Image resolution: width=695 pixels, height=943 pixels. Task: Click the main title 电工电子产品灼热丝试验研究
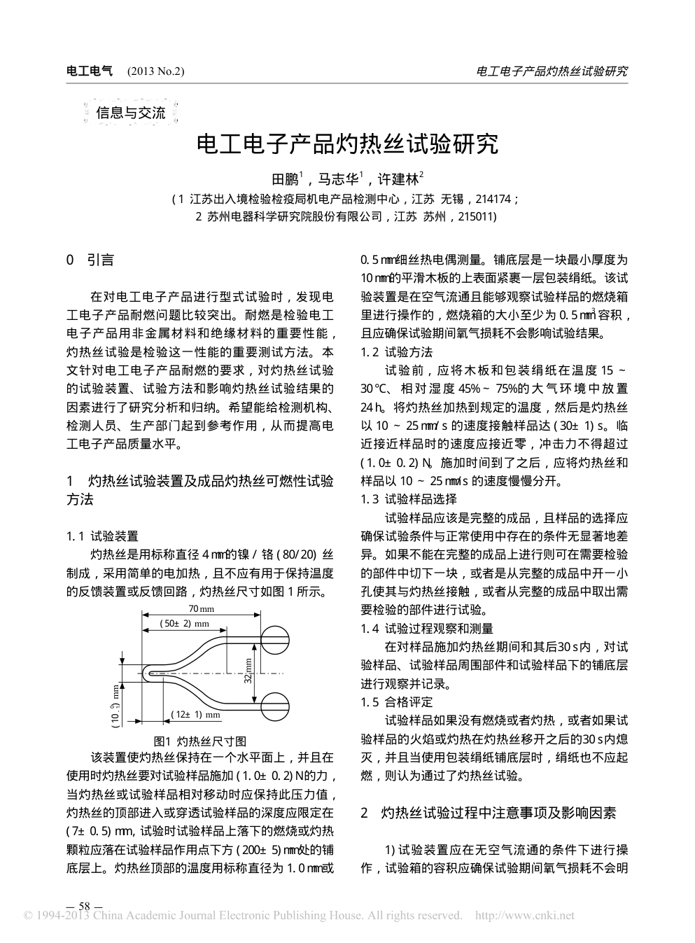pyautogui.click(x=347, y=145)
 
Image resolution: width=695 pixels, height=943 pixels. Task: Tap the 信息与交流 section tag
pyautogui.click(x=130, y=113)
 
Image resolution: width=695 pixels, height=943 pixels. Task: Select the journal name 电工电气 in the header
pyautogui.click(x=88, y=71)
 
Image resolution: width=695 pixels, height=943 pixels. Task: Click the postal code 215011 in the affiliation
pyautogui.click(x=476, y=217)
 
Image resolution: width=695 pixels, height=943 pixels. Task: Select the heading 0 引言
pyautogui.click(x=90, y=260)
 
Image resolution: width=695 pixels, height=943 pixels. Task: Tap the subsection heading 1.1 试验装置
pyautogui.click(x=102, y=536)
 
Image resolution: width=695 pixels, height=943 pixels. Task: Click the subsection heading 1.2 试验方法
pyautogui.click(x=396, y=351)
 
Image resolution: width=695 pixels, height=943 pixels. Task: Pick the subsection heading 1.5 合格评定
pyautogui.click(x=396, y=701)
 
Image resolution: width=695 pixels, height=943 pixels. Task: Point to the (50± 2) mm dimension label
pyautogui.click(x=185, y=623)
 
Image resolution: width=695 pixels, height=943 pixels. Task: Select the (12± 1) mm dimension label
pyautogui.click(x=196, y=715)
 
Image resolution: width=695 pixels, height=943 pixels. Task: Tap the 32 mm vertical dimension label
pyautogui.click(x=248, y=671)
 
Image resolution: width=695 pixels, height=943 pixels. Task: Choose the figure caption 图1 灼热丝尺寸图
pyautogui.click(x=199, y=741)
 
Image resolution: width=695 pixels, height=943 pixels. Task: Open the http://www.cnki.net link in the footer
pyautogui.click(x=525, y=916)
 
